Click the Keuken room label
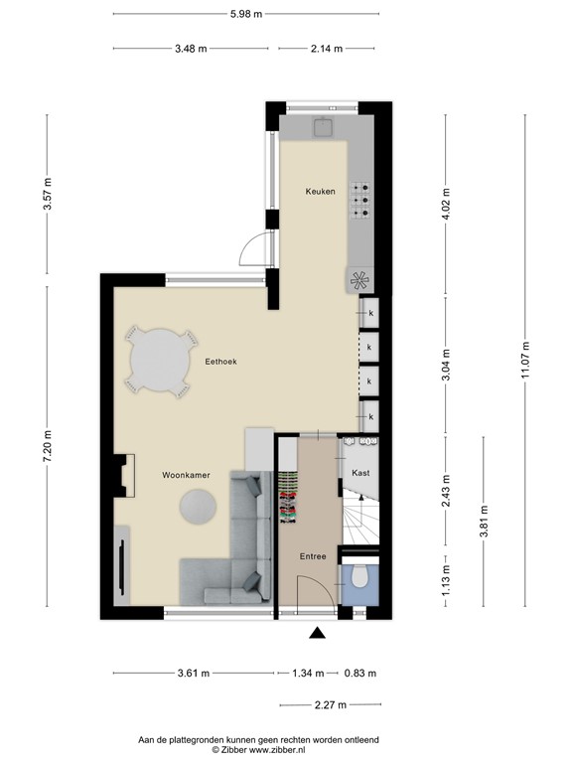tap(319, 191)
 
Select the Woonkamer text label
tap(186, 476)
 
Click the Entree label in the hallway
tap(313, 556)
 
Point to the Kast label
tap(360, 473)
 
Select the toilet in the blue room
tap(360, 579)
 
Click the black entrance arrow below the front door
tap(318, 633)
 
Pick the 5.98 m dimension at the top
tap(245, 14)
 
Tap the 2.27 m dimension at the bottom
tap(328, 704)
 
